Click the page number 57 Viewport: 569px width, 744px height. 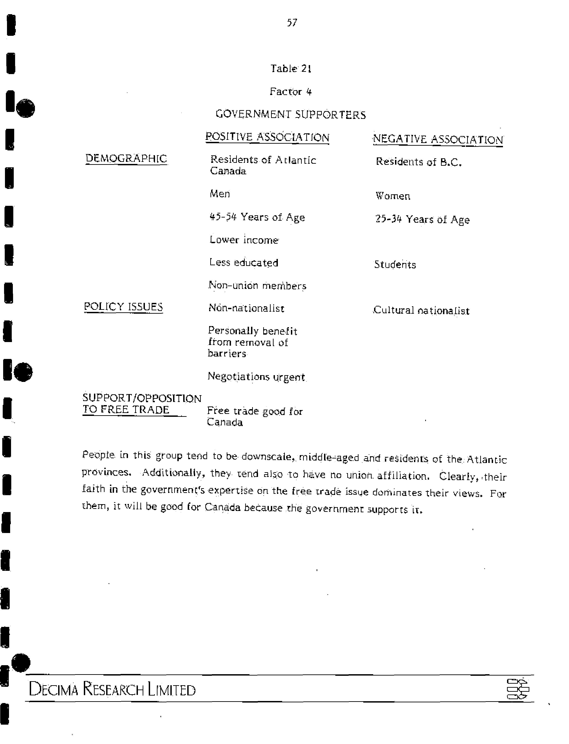(292, 23)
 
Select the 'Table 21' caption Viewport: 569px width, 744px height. (291, 69)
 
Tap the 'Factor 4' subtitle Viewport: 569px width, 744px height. (291, 91)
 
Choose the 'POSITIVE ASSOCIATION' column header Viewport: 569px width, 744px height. (267, 137)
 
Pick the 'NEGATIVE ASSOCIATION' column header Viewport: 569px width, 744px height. (438, 139)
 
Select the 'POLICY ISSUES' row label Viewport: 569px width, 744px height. (123, 307)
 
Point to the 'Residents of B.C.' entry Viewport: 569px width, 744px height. (419, 162)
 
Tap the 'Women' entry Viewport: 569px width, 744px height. (393, 196)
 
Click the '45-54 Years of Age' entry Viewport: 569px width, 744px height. (257, 217)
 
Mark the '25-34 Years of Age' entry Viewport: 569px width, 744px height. (422, 219)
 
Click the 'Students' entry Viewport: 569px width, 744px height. (395, 264)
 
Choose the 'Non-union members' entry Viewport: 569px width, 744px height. (257, 286)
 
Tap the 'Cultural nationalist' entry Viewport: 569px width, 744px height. (421, 310)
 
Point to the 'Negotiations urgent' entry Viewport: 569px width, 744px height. (256, 377)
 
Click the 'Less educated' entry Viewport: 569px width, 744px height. (244, 262)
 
